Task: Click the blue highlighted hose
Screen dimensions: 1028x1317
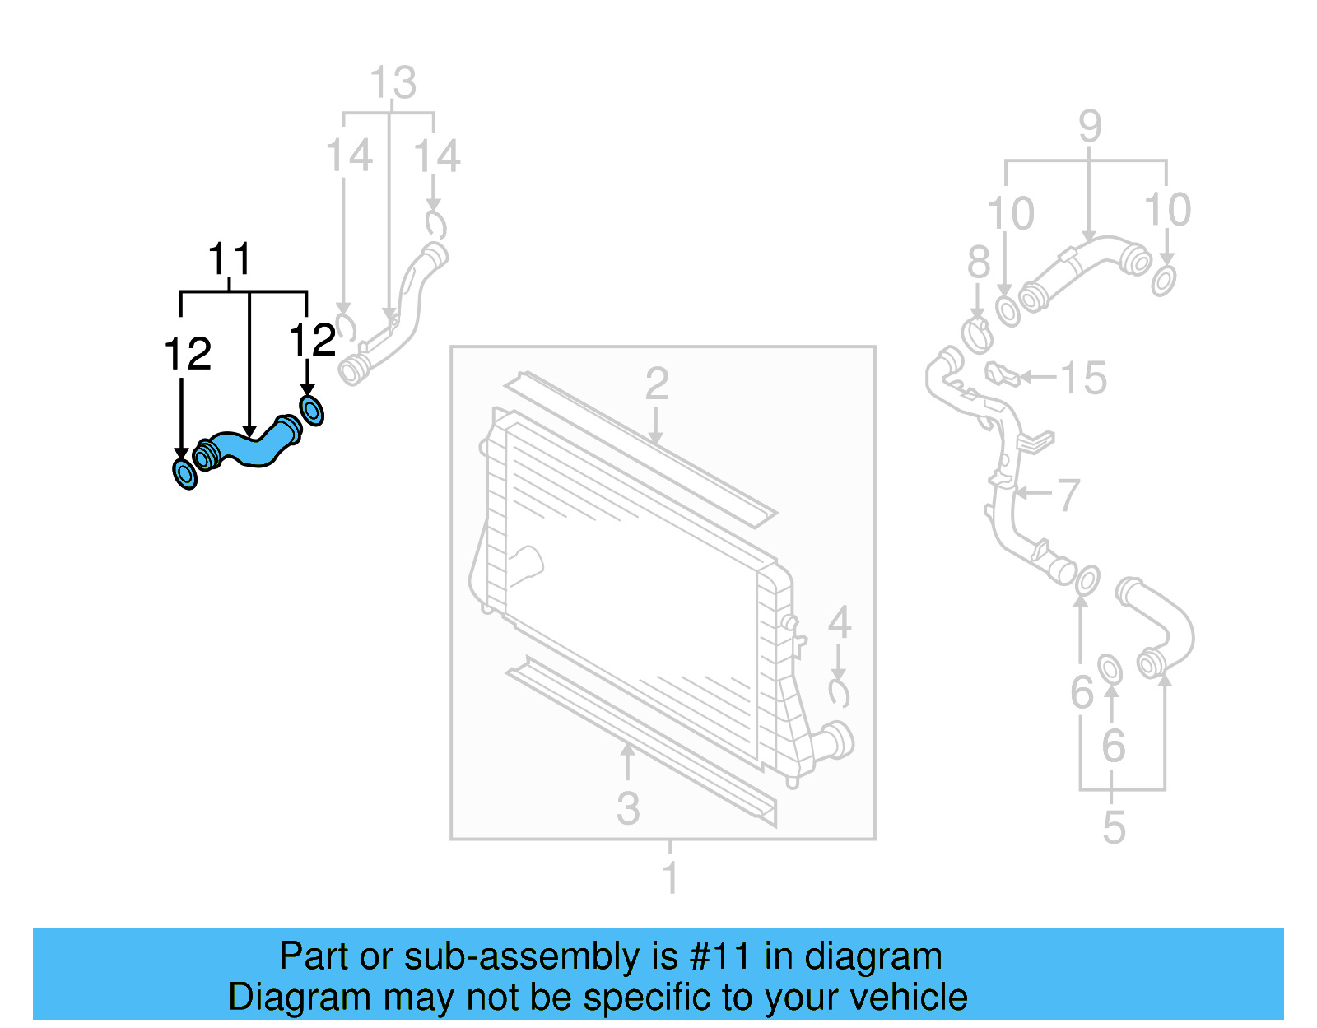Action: (x=247, y=448)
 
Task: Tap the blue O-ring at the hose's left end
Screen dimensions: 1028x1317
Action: (x=185, y=474)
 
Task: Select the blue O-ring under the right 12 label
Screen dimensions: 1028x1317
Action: (x=311, y=410)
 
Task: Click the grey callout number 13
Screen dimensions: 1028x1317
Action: (x=393, y=83)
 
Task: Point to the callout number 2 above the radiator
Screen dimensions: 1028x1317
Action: (x=656, y=384)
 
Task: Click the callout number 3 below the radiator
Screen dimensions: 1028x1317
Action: (x=628, y=808)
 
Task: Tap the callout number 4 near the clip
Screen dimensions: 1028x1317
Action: (x=839, y=622)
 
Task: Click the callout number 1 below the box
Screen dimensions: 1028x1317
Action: (x=670, y=877)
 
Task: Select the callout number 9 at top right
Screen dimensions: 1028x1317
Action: (x=1089, y=127)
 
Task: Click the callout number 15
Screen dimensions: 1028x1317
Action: (x=1082, y=378)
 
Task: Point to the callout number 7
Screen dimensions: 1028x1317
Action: (x=1068, y=495)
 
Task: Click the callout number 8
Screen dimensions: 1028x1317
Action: (x=978, y=263)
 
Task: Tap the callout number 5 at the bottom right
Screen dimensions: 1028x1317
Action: (x=1113, y=826)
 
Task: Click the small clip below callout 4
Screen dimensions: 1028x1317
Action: (x=839, y=694)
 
